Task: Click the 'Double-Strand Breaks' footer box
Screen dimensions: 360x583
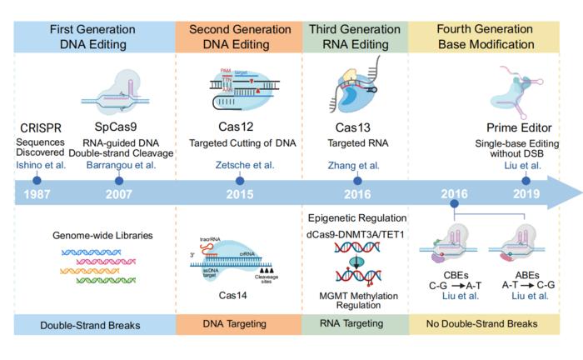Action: tap(93, 322)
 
